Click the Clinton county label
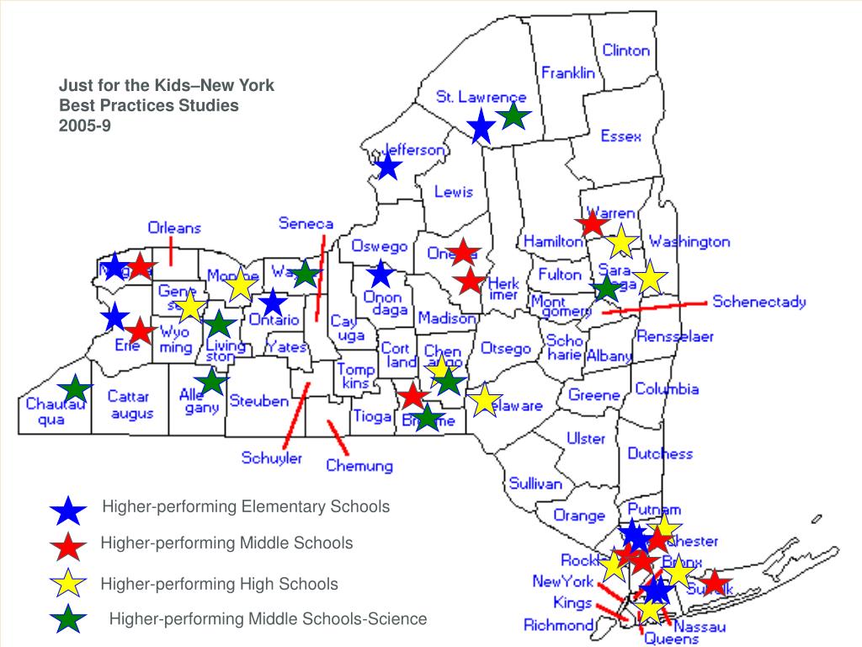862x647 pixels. (625, 50)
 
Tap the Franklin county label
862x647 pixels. (567, 72)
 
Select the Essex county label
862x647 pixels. (620, 136)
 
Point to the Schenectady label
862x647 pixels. (758, 302)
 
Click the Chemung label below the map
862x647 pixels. (359, 465)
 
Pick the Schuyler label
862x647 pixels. (271, 458)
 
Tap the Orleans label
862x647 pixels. (174, 227)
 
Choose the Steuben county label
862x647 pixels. (258, 401)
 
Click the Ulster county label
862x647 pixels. (585, 438)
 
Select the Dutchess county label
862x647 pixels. (660, 453)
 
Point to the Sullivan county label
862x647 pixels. (535, 484)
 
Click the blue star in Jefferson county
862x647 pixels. (387, 166)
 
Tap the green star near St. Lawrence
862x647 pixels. (513, 117)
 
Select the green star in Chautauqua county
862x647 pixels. (76, 388)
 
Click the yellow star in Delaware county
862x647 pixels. (484, 401)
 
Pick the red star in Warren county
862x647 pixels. (592, 223)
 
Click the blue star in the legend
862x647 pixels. (68, 510)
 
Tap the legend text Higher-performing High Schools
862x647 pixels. (219, 584)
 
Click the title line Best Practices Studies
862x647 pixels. (148, 106)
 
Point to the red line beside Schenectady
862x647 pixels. (654, 307)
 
